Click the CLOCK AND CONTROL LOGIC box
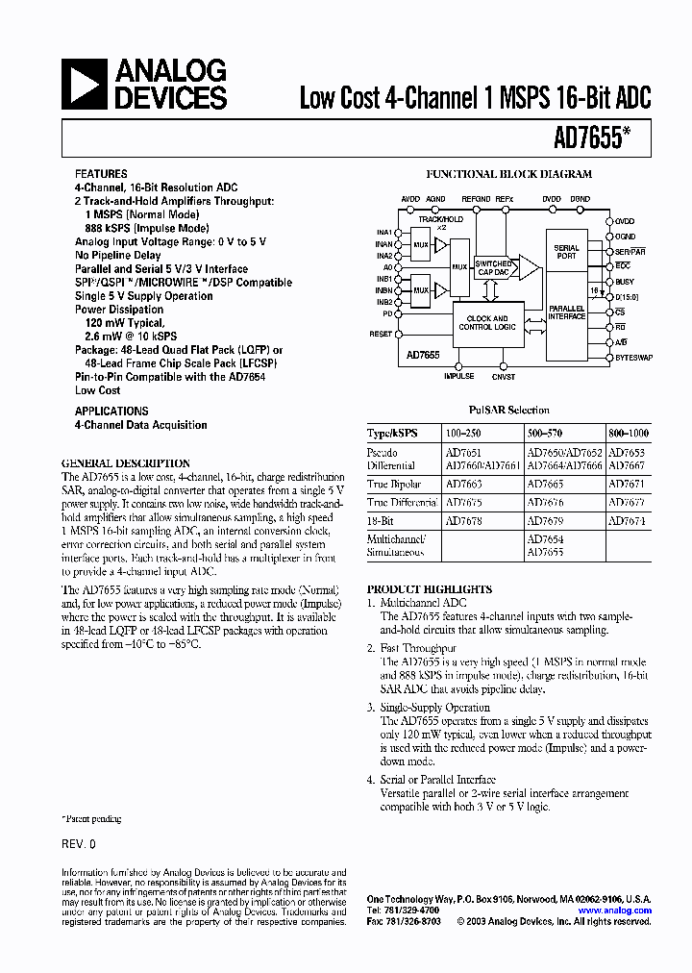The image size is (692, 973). point(487,323)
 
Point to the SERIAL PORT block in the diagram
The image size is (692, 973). point(566,252)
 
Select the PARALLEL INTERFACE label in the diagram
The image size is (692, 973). point(566,312)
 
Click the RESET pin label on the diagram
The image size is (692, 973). point(381,334)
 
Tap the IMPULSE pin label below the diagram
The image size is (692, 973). point(458,377)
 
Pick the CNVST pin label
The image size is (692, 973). point(503,377)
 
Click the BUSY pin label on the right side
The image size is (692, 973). point(626,282)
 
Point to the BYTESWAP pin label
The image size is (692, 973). point(633,357)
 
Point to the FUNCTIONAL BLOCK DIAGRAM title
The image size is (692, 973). point(508,175)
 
